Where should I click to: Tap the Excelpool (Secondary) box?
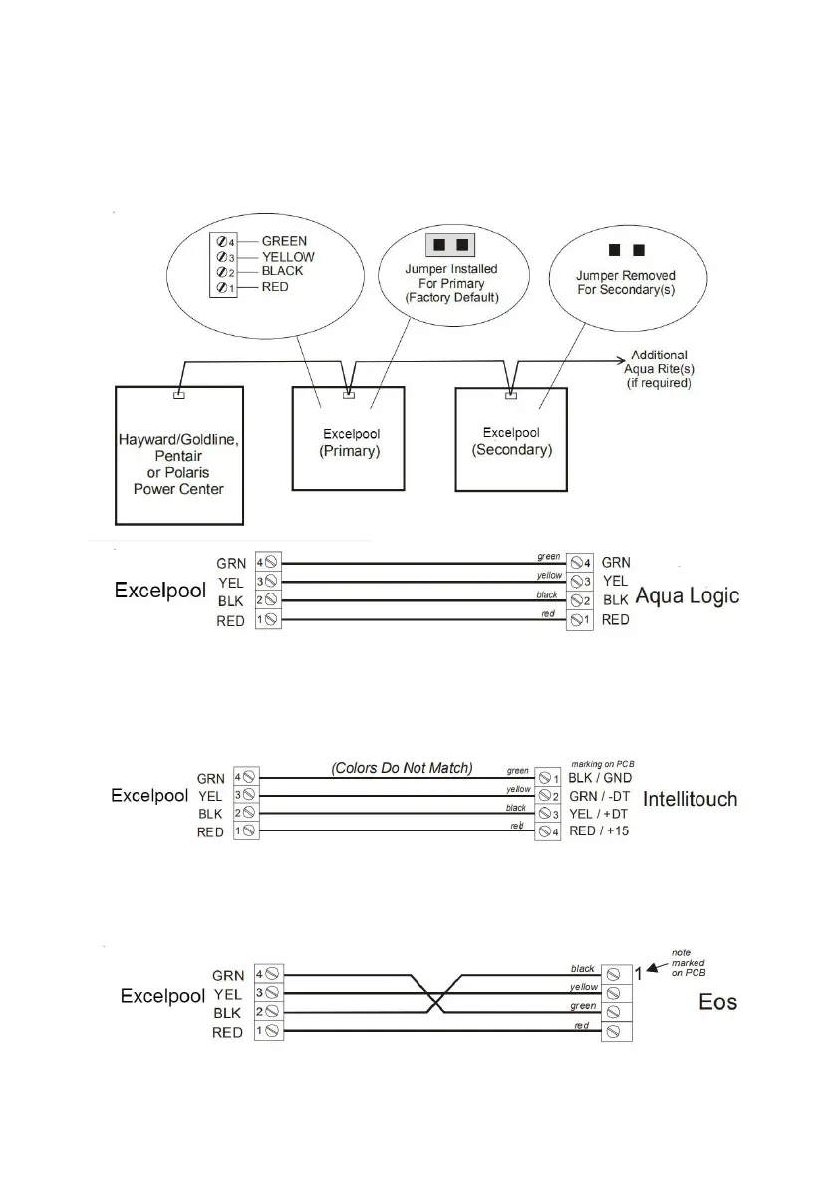(511, 441)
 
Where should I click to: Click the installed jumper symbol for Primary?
(449, 245)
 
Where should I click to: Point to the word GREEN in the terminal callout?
(284, 241)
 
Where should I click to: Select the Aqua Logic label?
(688, 595)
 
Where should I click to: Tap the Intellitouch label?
(691, 799)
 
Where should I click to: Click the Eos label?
(717, 1001)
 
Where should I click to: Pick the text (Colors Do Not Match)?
(401, 768)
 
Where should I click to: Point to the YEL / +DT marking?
(596, 814)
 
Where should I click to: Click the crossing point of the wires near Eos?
(433, 992)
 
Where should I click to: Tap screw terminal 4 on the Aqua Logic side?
(579, 563)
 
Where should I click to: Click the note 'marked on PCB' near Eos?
(694, 962)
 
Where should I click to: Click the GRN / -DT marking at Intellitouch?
(595, 796)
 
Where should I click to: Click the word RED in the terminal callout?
(275, 287)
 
